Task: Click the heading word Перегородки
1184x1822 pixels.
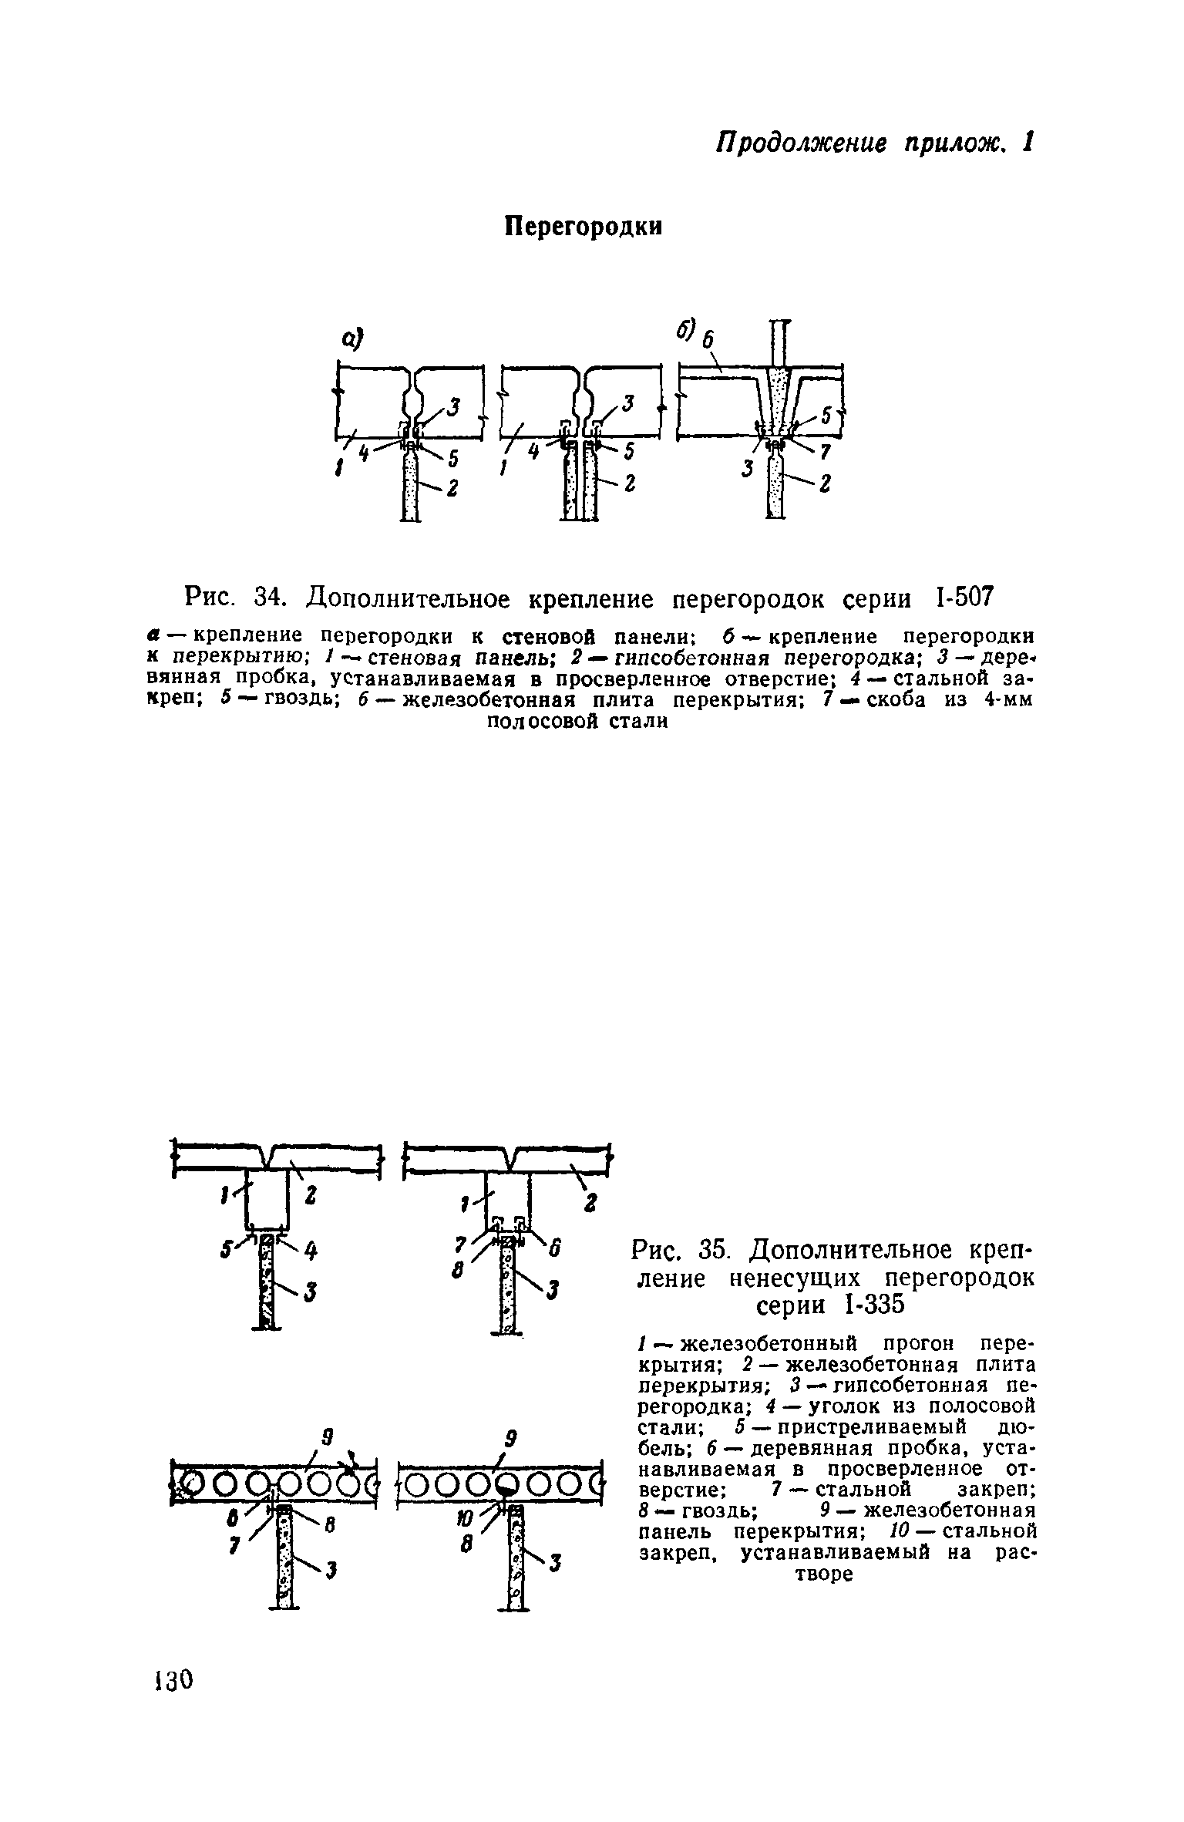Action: [x=584, y=226]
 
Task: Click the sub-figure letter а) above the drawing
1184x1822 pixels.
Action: [x=351, y=338]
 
